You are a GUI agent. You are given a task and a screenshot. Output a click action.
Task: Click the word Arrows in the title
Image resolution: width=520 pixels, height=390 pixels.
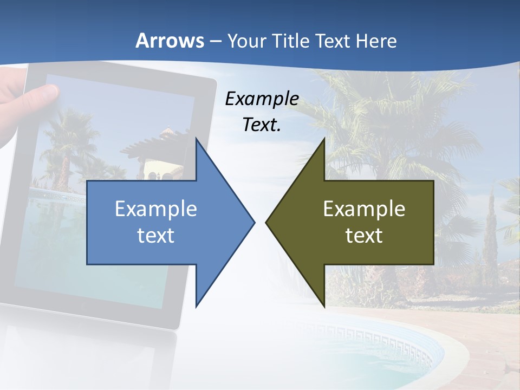point(170,41)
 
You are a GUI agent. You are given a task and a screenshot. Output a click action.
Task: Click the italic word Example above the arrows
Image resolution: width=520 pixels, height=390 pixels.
point(262,99)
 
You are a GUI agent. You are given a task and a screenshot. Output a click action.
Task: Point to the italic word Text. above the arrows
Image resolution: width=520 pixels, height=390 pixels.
point(262,125)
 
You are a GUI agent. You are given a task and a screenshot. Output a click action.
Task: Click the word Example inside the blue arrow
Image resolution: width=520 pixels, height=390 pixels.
point(155,209)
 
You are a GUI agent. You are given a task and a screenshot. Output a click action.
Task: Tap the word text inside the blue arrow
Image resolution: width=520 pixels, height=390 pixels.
point(155,235)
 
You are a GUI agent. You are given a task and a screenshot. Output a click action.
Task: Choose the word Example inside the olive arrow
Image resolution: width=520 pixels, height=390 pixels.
point(364,209)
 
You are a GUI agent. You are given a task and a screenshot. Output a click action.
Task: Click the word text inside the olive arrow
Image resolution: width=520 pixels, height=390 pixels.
point(364,235)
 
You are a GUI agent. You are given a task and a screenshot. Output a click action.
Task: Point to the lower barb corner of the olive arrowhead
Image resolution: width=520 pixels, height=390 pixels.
point(324,305)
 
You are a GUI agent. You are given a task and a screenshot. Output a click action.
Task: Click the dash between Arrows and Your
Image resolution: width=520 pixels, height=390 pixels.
point(215,41)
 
